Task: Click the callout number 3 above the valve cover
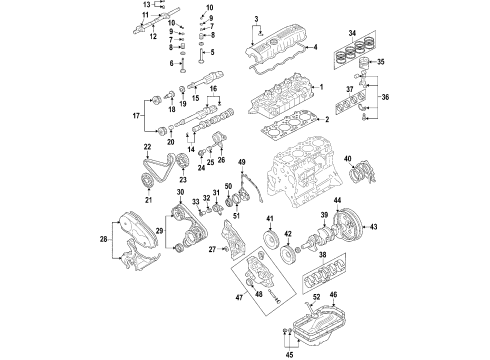pyautogui.click(x=257, y=19)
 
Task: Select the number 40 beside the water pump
pyautogui.click(x=348, y=157)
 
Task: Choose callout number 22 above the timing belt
pyautogui.click(x=148, y=148)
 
